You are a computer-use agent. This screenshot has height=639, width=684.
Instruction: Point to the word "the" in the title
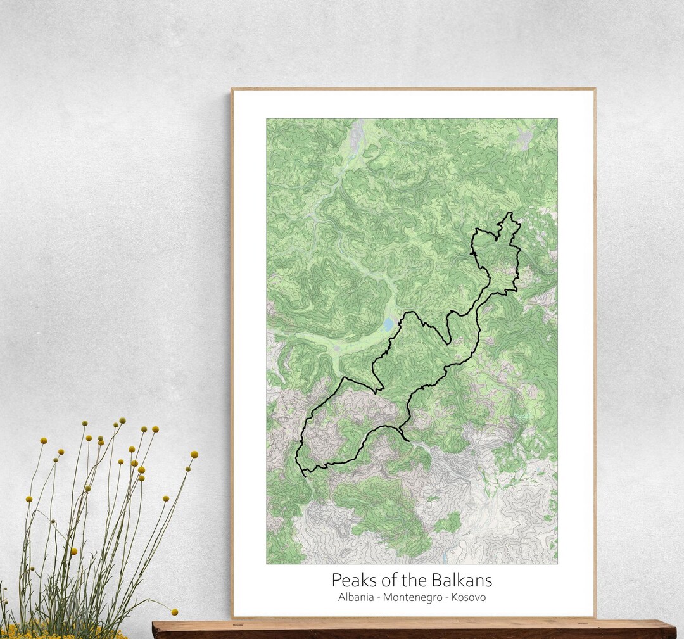(x=415, y=580)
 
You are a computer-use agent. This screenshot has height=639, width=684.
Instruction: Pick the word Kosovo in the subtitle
(x=468, y=597)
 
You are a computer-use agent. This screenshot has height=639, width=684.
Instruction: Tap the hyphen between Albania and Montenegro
(x=378, y=598)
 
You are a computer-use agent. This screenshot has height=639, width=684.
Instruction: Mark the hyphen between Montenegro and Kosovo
(x=446, y=598)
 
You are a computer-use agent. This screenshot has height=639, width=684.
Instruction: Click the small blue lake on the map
(x=388, y=325)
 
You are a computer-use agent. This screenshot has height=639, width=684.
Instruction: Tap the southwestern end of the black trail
(x=303, y=472)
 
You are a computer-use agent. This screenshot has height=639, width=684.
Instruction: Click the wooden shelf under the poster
(x=412, y=629)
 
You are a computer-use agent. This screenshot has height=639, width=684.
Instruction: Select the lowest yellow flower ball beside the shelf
(x=174, y=612)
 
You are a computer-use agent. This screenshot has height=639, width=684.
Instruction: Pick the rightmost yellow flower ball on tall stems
(x=194, y=454)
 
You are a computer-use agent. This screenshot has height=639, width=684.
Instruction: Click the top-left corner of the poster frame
(x=232, y=89)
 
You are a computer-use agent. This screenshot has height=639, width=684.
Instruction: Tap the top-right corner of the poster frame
(x=594, y=89)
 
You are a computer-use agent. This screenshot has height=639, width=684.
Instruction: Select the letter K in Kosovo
(x=455, y=597)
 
